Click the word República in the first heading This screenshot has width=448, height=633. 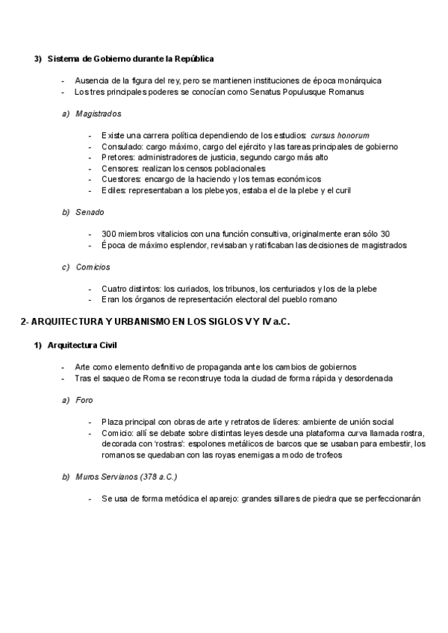(196, 58)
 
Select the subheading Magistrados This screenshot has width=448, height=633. (99, 113)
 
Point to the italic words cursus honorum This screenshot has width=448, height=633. (340, 136)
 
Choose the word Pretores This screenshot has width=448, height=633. (117, 158)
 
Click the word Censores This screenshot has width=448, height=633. (120, 169)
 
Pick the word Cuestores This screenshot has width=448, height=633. (121, 179)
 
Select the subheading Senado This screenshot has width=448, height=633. (90, 212)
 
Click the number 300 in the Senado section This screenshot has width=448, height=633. (109, 234)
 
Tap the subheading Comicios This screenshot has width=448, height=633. (93, 266)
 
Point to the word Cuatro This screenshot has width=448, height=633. (115, 289)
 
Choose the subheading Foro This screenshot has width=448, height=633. (84, 400)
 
